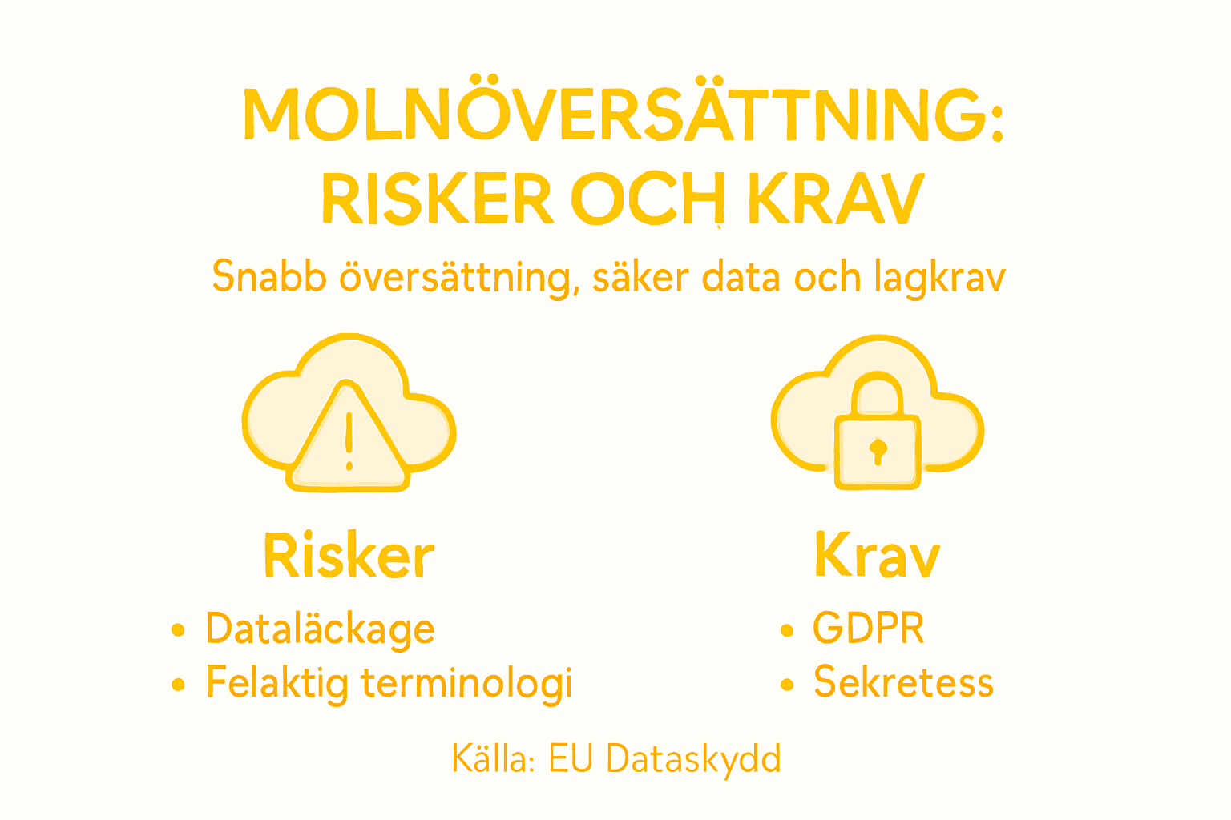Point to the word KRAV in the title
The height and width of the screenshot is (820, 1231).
tap(836, 198)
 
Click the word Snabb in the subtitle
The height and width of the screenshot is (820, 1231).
tap(268, 277)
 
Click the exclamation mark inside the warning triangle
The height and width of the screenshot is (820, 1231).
tap(349, 441)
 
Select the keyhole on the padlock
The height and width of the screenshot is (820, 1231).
tap(878, 450)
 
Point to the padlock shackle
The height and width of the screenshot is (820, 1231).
tap(878, 392)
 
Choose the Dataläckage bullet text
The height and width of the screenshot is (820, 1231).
tap(320, 629)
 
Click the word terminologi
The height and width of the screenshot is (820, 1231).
tap(466, 683)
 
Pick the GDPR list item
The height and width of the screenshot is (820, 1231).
tap(868, 628)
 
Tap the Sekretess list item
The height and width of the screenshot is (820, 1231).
tap(903, 683)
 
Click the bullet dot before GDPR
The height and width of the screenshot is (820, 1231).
tap(787, 630)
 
